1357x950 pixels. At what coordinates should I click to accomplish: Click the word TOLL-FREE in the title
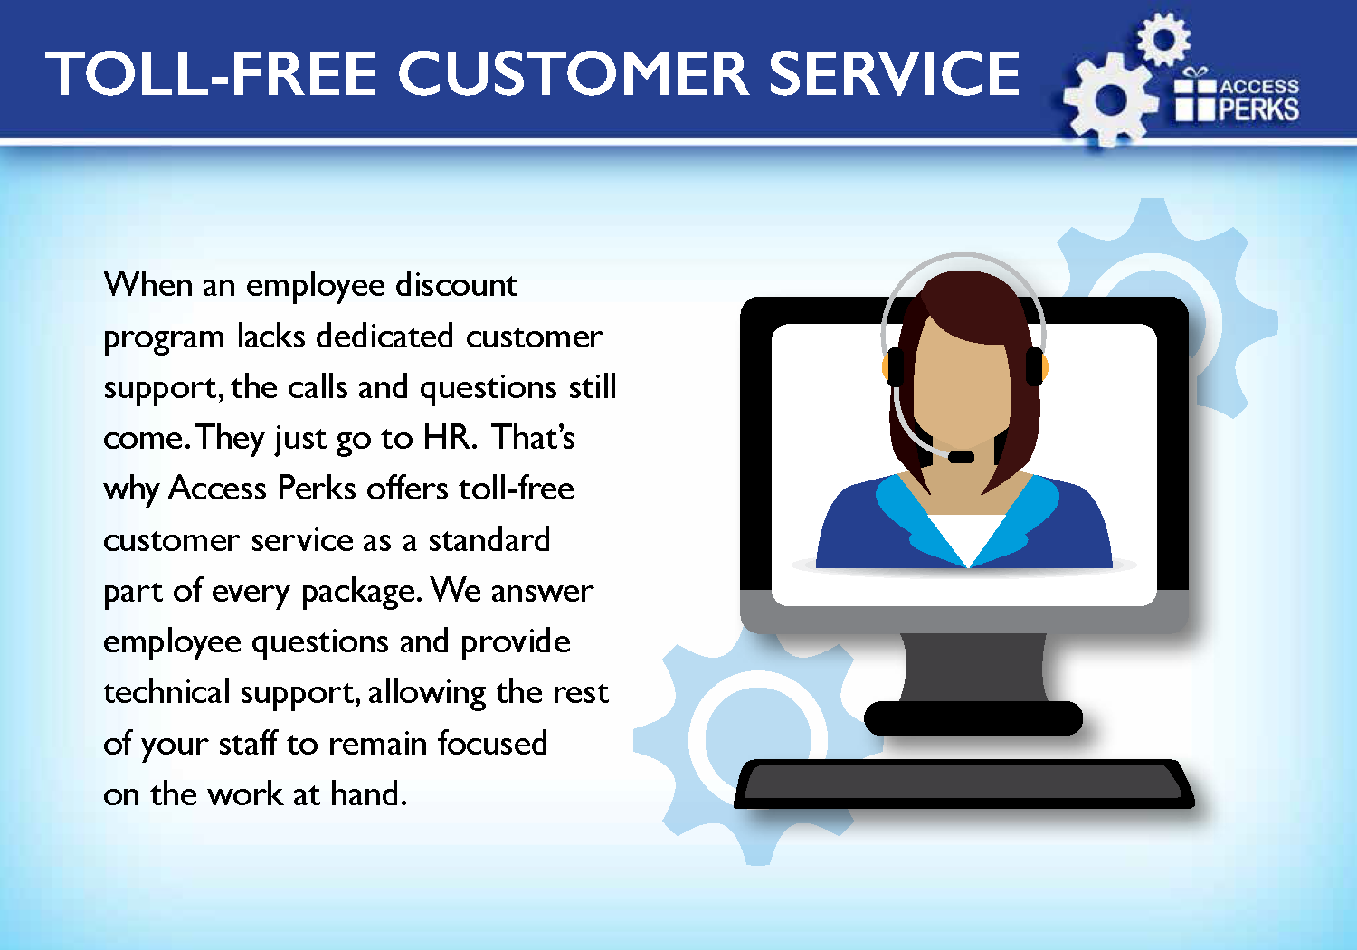pyautogui.click(x=211, y=73)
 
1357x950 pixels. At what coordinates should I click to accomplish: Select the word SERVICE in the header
pyautogui.click(x=894, y=73)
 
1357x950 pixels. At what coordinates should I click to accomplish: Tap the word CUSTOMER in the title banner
pyautogui.click(x=573, y=73)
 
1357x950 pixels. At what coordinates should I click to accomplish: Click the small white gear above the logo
pyautogui.click(x=1163, y=40)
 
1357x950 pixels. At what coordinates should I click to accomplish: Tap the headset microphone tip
pyautogui.click(x=960, y=457)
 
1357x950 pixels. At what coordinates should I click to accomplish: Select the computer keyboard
pyautogui.click(x=963, y=784)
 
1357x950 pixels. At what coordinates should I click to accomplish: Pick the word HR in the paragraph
pyautogui.click(x=447, y=437)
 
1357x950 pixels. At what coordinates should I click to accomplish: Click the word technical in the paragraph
pyautogui.click(x=166, y=691)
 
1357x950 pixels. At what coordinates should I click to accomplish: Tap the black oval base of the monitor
pyautogui.click(x=973, y=718)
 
